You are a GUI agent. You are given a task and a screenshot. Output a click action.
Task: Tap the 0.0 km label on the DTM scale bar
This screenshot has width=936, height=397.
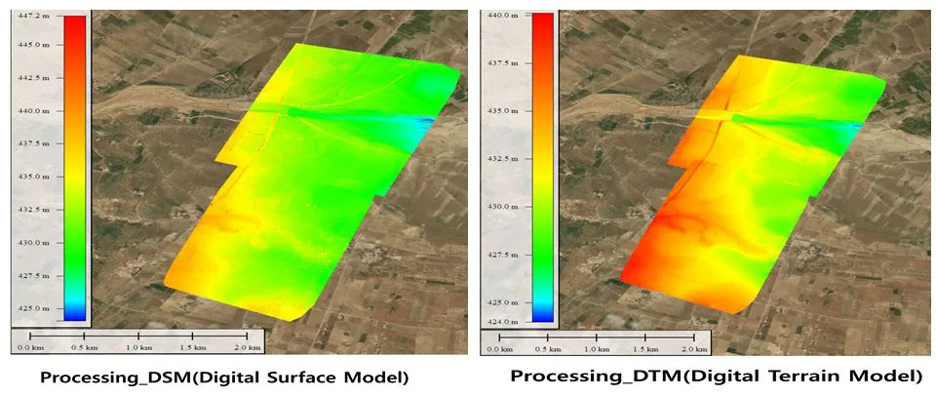click(x=500, y=348)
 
